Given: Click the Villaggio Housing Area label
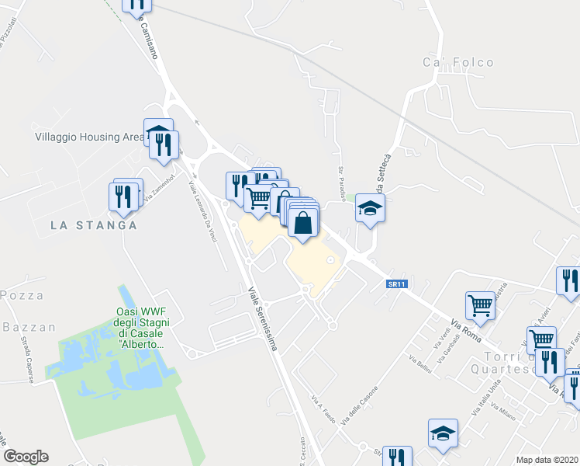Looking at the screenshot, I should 89,137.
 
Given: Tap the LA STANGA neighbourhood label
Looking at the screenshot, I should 93,225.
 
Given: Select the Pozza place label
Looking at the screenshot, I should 21,296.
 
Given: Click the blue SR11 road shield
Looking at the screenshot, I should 397,284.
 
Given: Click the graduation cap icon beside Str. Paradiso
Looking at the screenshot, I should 371,208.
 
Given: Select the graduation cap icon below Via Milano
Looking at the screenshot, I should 443,433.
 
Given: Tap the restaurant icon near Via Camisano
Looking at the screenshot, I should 137,5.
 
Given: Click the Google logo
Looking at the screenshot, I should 26,457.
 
